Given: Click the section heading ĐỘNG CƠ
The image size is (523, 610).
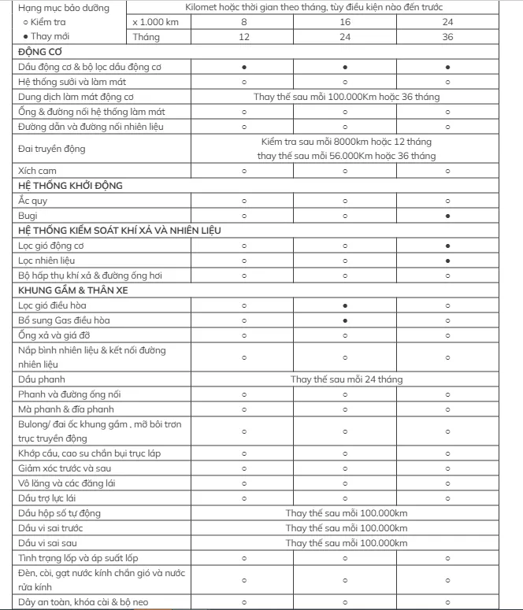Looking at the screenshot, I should [x=40, y=51].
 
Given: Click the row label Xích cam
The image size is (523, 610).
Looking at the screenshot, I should [x=37, y=171].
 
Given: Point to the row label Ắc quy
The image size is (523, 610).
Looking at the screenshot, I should [x=32, y=201].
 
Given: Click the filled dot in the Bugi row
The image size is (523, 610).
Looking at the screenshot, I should [x=447, y=216].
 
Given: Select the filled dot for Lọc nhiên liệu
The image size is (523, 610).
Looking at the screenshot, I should [x=447, y=261].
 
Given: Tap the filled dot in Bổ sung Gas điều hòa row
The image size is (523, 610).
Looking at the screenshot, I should [x=345, y=320].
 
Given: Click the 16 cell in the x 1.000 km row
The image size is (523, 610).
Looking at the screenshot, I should [x=345, y=22].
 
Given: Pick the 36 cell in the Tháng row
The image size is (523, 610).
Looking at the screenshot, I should [x=447, y=37].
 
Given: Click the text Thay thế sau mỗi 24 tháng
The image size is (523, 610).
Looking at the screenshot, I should [x=346, y=379].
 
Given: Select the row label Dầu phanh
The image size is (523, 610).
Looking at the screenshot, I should [x=40, y=379].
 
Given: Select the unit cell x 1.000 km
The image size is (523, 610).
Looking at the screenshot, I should [x=158, y=22].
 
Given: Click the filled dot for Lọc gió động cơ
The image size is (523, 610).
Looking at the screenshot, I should [x=447, y=246].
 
